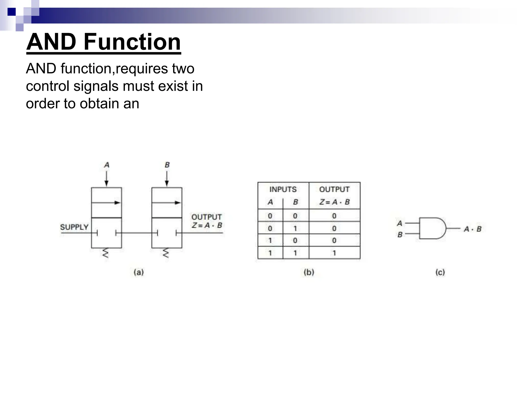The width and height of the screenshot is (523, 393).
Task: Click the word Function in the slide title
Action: tap(132, 42)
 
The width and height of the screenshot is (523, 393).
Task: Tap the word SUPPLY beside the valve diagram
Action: tap(74, 227)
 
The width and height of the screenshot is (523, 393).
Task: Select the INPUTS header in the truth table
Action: tap(283, 189)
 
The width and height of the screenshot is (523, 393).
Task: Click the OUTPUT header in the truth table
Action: tap(334, 189)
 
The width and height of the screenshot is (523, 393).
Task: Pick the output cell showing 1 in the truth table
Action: tap(334, 253)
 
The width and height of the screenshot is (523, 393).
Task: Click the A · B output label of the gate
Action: tap(472, 229)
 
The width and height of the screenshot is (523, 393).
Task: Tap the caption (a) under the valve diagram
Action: tap(139, 272)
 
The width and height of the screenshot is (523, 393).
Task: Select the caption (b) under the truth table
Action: tap(309, 272)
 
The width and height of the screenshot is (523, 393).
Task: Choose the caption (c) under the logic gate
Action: tap(440, 272)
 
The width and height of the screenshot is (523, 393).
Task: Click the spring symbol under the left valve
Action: tap(105, 253)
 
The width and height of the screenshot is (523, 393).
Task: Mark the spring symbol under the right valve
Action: tap(166, 253)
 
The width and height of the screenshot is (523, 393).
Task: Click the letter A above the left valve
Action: tap(107, 165)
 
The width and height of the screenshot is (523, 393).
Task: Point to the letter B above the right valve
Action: tap(167, 165)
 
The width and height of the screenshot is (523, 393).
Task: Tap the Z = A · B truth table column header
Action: tap(334, 202)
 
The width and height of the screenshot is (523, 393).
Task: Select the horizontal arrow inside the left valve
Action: tap(106, 203)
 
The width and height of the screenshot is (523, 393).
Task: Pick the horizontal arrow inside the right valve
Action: tap(167, 203)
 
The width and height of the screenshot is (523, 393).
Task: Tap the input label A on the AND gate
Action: tap(400, 223)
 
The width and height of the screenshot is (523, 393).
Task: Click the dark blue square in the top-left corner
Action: tap(11, 12)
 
